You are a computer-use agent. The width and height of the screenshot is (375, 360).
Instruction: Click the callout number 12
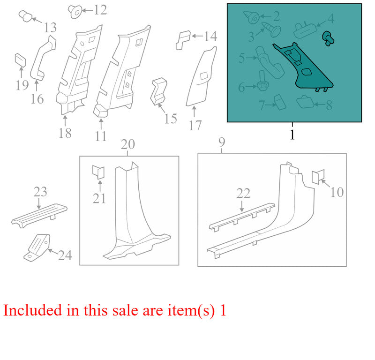click(100, 10)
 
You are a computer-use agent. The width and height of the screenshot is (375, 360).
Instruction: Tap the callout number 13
click(50, 27)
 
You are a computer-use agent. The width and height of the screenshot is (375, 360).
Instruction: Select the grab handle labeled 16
click(43, 58)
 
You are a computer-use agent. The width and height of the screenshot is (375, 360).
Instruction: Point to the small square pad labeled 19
click(20, 60)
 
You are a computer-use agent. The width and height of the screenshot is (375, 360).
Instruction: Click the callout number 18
click(65, 133)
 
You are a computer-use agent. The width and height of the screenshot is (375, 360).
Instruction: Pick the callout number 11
click(100, 136)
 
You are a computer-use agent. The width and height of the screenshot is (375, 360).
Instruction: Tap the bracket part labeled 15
click(158, 91)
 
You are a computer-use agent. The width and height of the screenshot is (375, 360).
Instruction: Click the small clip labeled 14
click(183, 40)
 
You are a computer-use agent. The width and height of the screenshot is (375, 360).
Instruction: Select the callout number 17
click(195, 125)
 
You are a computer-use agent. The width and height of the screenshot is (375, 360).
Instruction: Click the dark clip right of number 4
click(329, 39)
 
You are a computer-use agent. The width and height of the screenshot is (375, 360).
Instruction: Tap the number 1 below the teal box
click(292, 134)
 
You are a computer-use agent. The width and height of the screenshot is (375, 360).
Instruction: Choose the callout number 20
click(127, 144)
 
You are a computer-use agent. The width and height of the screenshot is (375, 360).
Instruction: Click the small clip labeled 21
click(98, 172)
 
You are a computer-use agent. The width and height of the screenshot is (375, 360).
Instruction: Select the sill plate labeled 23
click(39, 215)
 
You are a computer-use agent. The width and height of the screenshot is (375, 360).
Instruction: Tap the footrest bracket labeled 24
click(37, 247)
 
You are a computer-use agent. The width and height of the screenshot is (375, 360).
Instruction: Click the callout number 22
click(243, 194)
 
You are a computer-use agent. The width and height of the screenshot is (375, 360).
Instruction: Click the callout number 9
click(222, 142)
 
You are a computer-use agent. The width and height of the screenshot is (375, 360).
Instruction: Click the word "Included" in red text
click(32, 310)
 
